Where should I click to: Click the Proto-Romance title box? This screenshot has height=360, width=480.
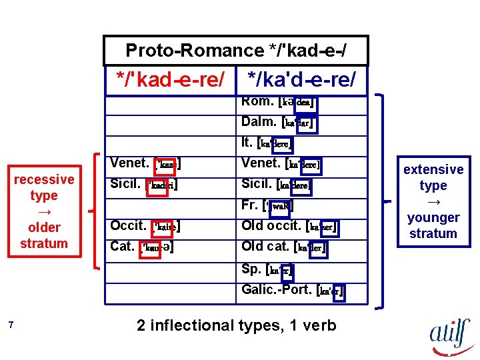[235, 51]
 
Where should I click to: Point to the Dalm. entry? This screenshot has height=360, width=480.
[278, 122]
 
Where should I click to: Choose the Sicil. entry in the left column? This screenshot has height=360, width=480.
[144, 183]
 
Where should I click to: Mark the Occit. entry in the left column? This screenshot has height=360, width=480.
[146, 225]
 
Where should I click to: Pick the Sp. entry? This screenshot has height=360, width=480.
[267, 270]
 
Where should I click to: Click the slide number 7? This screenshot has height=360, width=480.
[11, 325]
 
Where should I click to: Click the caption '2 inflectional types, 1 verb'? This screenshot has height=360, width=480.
[236, 325]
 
